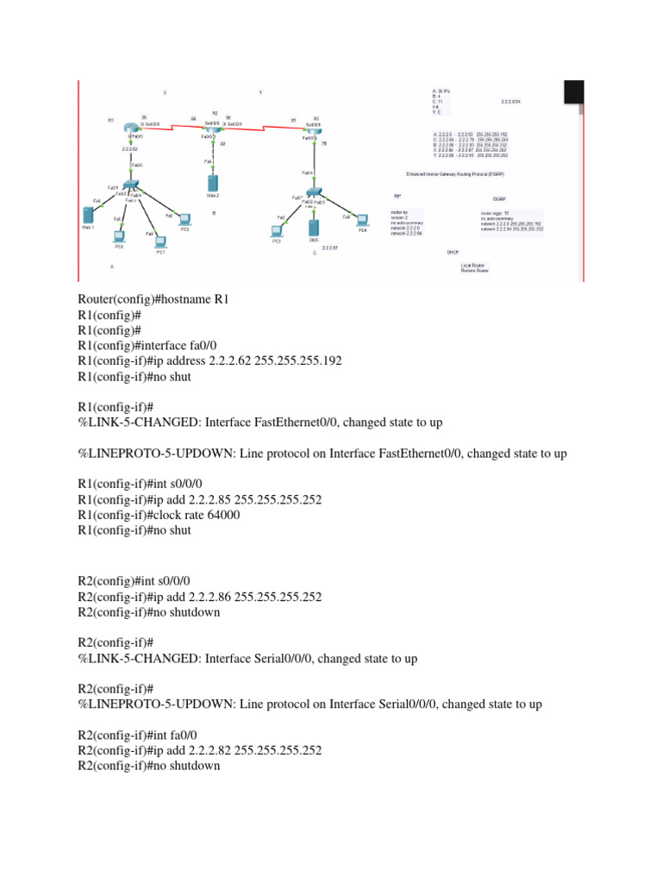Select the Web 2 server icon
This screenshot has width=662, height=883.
[x=213, y=183]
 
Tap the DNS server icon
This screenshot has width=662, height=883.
[x=314, y=228]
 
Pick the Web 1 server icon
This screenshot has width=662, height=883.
[x=87, y=216]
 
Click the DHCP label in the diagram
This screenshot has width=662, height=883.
[x=452, y=253]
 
